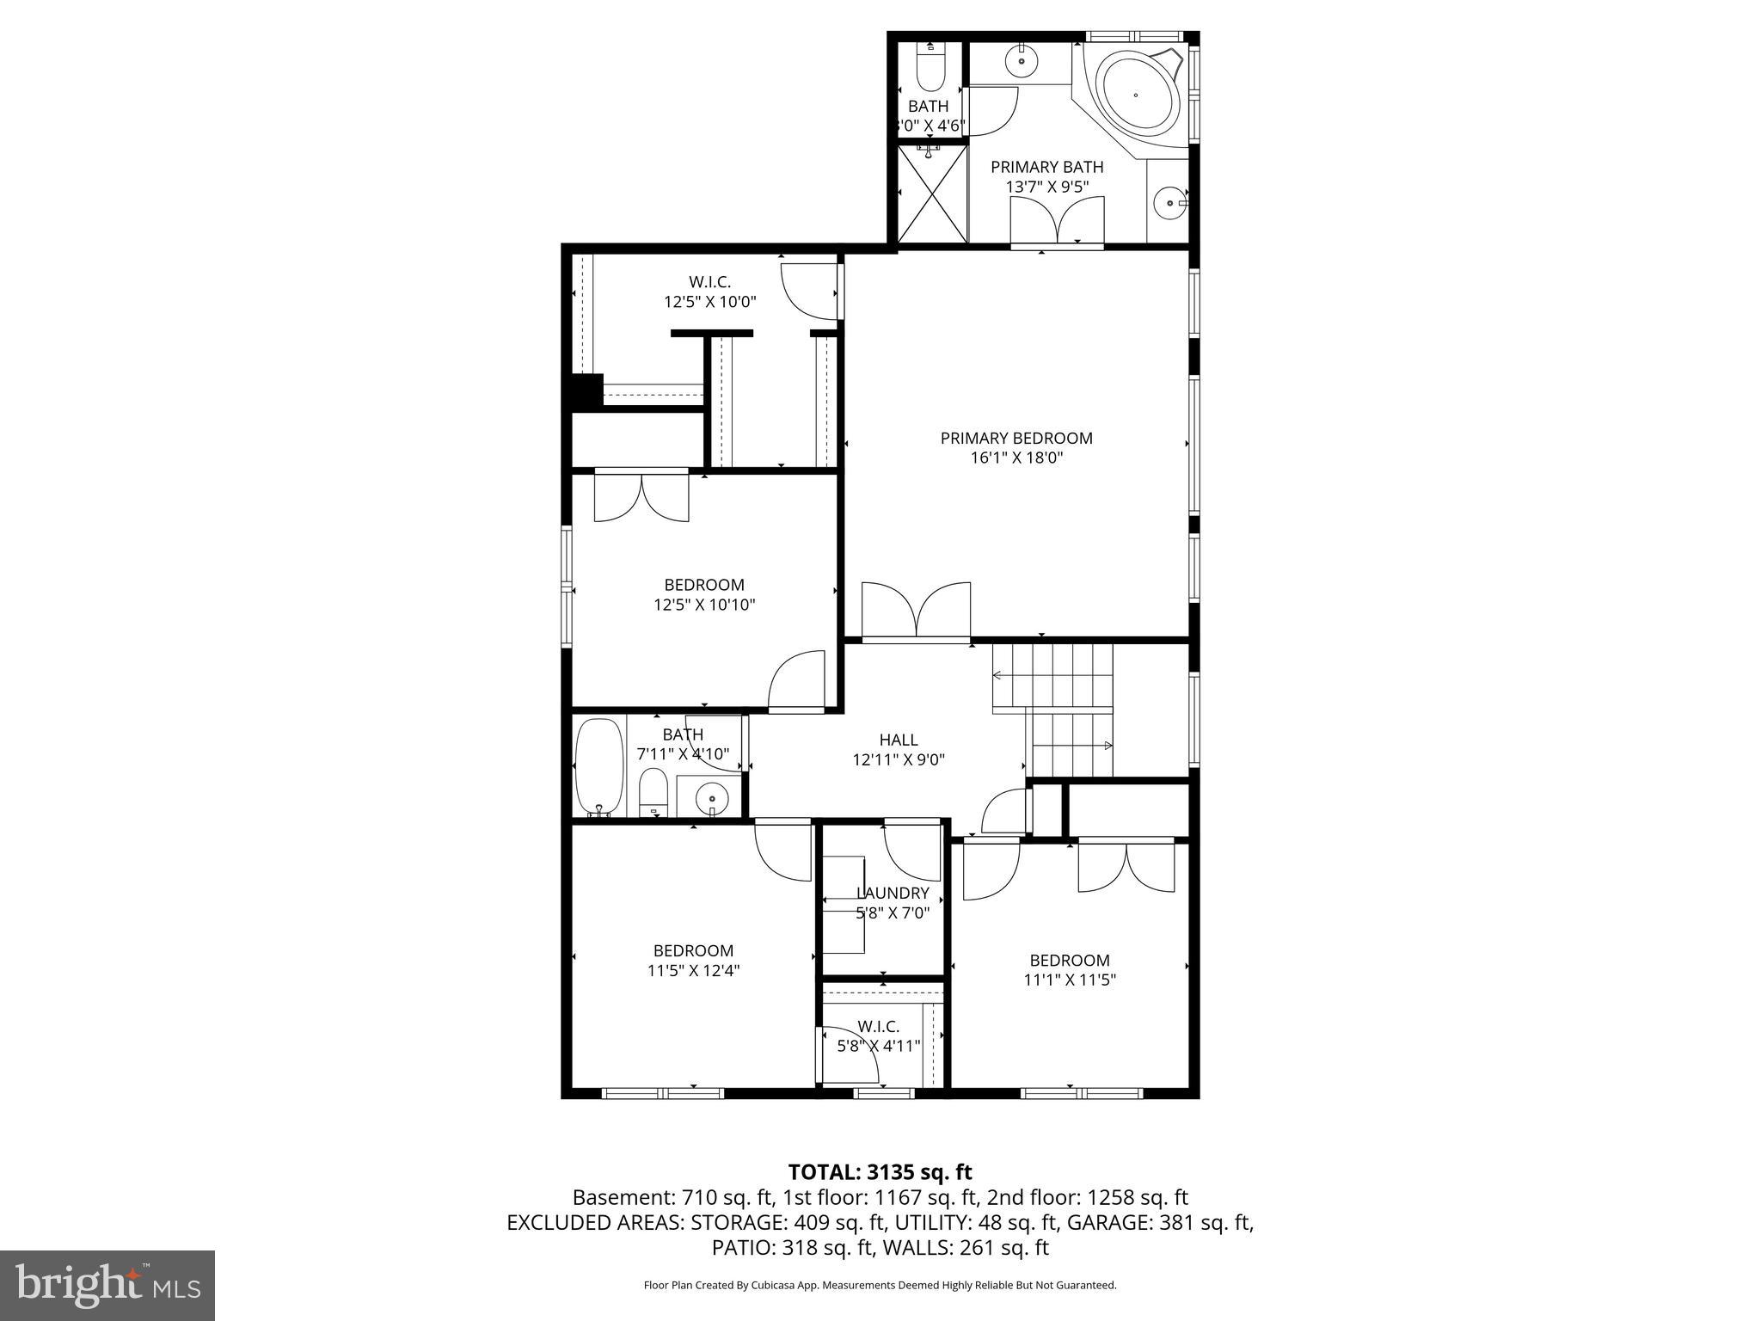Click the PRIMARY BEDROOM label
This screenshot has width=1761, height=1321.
1016,439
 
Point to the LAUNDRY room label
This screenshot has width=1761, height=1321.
893,894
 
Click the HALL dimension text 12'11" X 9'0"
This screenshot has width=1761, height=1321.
899,759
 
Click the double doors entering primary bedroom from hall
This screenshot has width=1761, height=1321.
917,612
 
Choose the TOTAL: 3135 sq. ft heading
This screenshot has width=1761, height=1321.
880,1172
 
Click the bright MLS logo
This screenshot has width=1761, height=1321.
107,1285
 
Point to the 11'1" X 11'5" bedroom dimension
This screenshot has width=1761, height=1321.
1070,980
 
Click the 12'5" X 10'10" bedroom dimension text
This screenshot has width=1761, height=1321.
704,605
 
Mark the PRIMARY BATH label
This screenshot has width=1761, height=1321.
1046,167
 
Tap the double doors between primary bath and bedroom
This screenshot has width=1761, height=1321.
1057,222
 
